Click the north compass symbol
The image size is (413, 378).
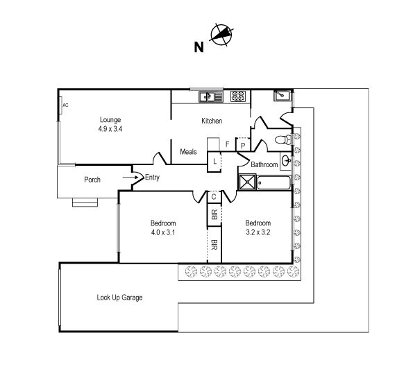click(221, 35)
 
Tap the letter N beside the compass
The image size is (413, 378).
click(199, 47)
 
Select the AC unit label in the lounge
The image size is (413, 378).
click(65, 105)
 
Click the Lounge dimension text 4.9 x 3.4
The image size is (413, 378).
click(110, 129)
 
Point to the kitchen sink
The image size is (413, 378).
click(211, 97)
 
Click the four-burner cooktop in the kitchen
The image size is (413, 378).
click(238, 96)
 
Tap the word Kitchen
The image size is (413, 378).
click(212, 121)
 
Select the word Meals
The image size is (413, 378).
click(188, 152)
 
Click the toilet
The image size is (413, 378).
click(284, 139)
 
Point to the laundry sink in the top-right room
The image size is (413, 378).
click(282, 95)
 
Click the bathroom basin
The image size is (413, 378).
click(286, 160)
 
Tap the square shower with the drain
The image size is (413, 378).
click(247, 182)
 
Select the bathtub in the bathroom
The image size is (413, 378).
click(273, 182)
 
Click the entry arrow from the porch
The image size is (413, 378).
click(130, 178)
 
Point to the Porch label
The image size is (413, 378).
click(92, 180)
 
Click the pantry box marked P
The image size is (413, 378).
click(243, 145)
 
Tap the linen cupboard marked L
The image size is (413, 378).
click(214, 162)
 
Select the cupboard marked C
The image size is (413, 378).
click(214, 197)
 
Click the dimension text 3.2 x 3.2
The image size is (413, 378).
click(258, 232)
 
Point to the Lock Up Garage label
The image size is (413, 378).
click(119, 298)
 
